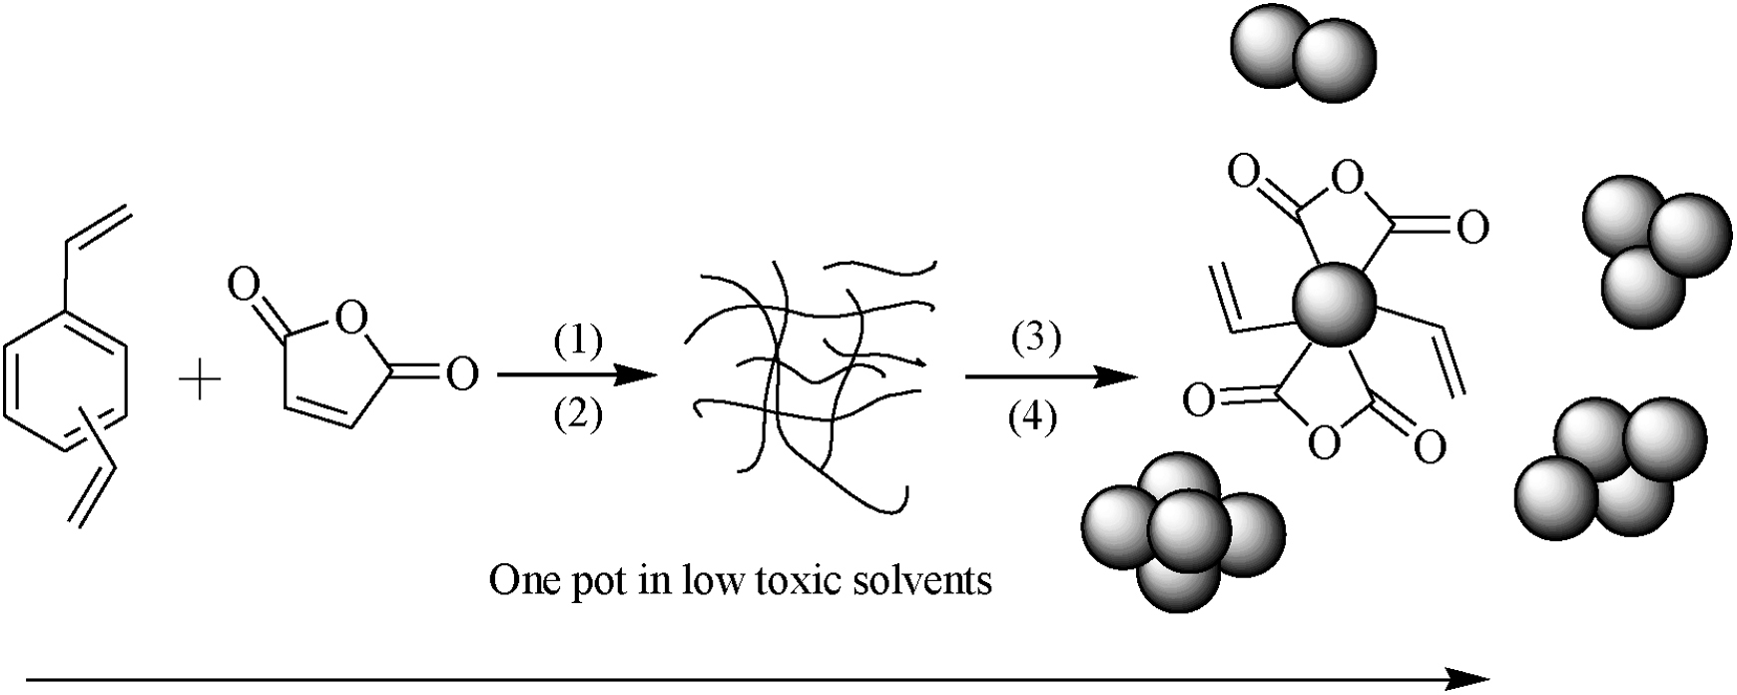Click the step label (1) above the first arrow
[x=578, y=343]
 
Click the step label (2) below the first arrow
[x=578, y=413]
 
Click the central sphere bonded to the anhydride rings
[x=1333, y=305]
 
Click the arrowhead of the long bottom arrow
[x=1471, y=679]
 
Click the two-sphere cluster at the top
[x=1303, y=55]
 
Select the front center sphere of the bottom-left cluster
[x=1186, y=528]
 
